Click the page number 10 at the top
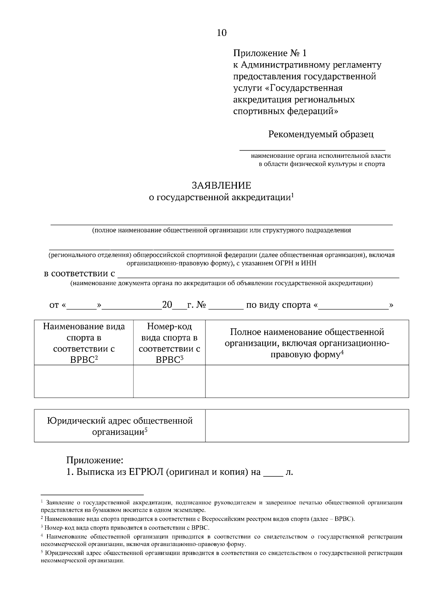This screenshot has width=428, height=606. coord(221,33)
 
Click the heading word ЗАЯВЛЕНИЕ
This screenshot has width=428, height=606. coord(221,186)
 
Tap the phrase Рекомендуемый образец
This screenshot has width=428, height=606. coord(321,134)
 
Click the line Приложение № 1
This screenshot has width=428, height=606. coord(270,53)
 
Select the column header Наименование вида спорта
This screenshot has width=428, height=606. coord(84,343)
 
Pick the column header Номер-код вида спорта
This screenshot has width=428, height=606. coord(169,343)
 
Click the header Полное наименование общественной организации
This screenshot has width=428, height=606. coord(307,343)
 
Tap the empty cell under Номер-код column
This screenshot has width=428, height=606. coord(169,381)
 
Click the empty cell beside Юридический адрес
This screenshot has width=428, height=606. coord(307,425)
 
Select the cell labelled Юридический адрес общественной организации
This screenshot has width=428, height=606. coord(120,426)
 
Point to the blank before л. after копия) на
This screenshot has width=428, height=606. coord(272,473)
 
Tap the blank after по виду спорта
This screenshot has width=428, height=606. coord(353,306)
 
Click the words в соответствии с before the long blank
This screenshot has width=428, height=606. coord(79,274)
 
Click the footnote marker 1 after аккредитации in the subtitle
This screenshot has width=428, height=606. coord(292,195)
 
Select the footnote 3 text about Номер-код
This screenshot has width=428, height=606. coord(125,527)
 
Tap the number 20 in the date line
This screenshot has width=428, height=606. coord(167,305)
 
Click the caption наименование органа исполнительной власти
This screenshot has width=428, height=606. coord(321,156)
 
